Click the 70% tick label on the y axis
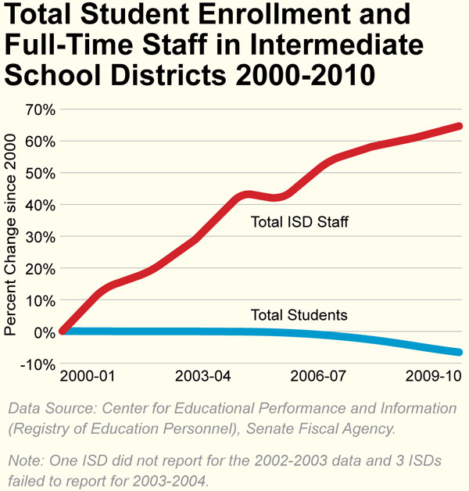(38, 109)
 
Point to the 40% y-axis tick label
(38, 205)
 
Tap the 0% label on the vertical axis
(43, 332)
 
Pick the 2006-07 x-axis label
(318, 376)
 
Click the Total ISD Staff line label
(299, 223)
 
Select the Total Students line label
(299, 316)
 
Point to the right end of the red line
(459, 126)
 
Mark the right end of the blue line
(459, 352)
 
